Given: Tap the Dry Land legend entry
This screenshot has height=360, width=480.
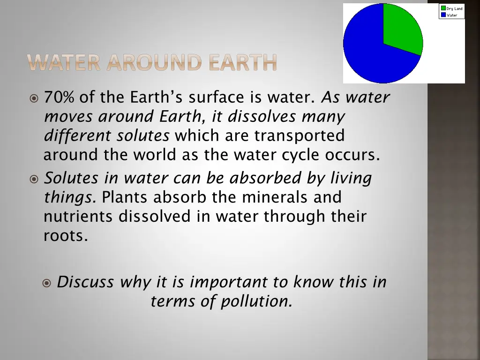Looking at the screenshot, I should [451, 8].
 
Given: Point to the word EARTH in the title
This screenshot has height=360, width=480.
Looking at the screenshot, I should [243, 63].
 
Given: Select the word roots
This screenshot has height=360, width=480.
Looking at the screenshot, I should [65, 236].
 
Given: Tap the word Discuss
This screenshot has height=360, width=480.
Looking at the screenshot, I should [85, 282].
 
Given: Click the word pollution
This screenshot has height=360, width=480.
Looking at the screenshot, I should [256, 301].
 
